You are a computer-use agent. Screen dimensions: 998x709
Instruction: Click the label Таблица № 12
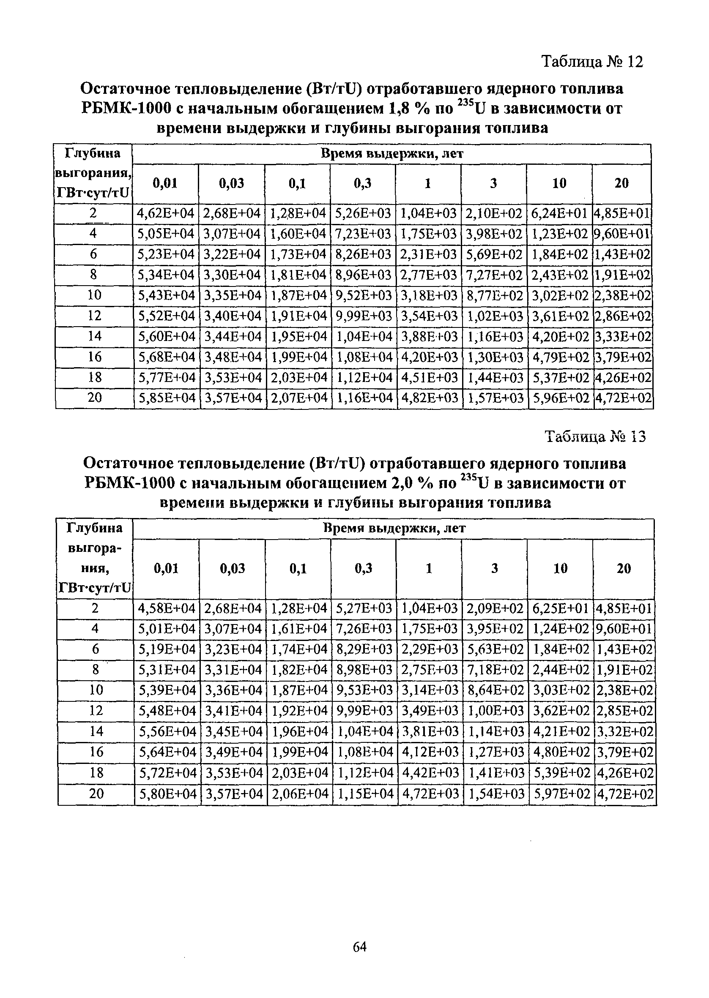[x=592, y=62]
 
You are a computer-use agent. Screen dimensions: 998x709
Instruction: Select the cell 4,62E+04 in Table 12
[x=165, y=213]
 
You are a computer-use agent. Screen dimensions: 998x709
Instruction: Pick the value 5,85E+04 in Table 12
[x=166, y=398]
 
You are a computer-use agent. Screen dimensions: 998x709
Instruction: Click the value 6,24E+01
[x=560, y=213]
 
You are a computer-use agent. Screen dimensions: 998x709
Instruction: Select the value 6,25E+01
[x=561, y=608]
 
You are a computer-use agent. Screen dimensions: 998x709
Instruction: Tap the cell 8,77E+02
[x=495, y=296]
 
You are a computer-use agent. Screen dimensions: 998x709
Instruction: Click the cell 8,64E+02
[x=495, y=690]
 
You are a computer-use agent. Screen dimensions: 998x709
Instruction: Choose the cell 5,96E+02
[x=561, y=398]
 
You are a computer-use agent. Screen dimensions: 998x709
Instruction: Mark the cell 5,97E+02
[x=561, y=794]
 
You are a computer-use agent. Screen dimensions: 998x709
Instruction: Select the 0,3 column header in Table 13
[x=363, y=568]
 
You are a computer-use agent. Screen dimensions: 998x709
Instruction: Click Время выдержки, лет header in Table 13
[x=394, y=528]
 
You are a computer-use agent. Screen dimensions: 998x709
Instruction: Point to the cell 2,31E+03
[x=429, y=255]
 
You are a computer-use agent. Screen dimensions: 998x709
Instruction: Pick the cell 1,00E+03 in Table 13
[x=495, y=711]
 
